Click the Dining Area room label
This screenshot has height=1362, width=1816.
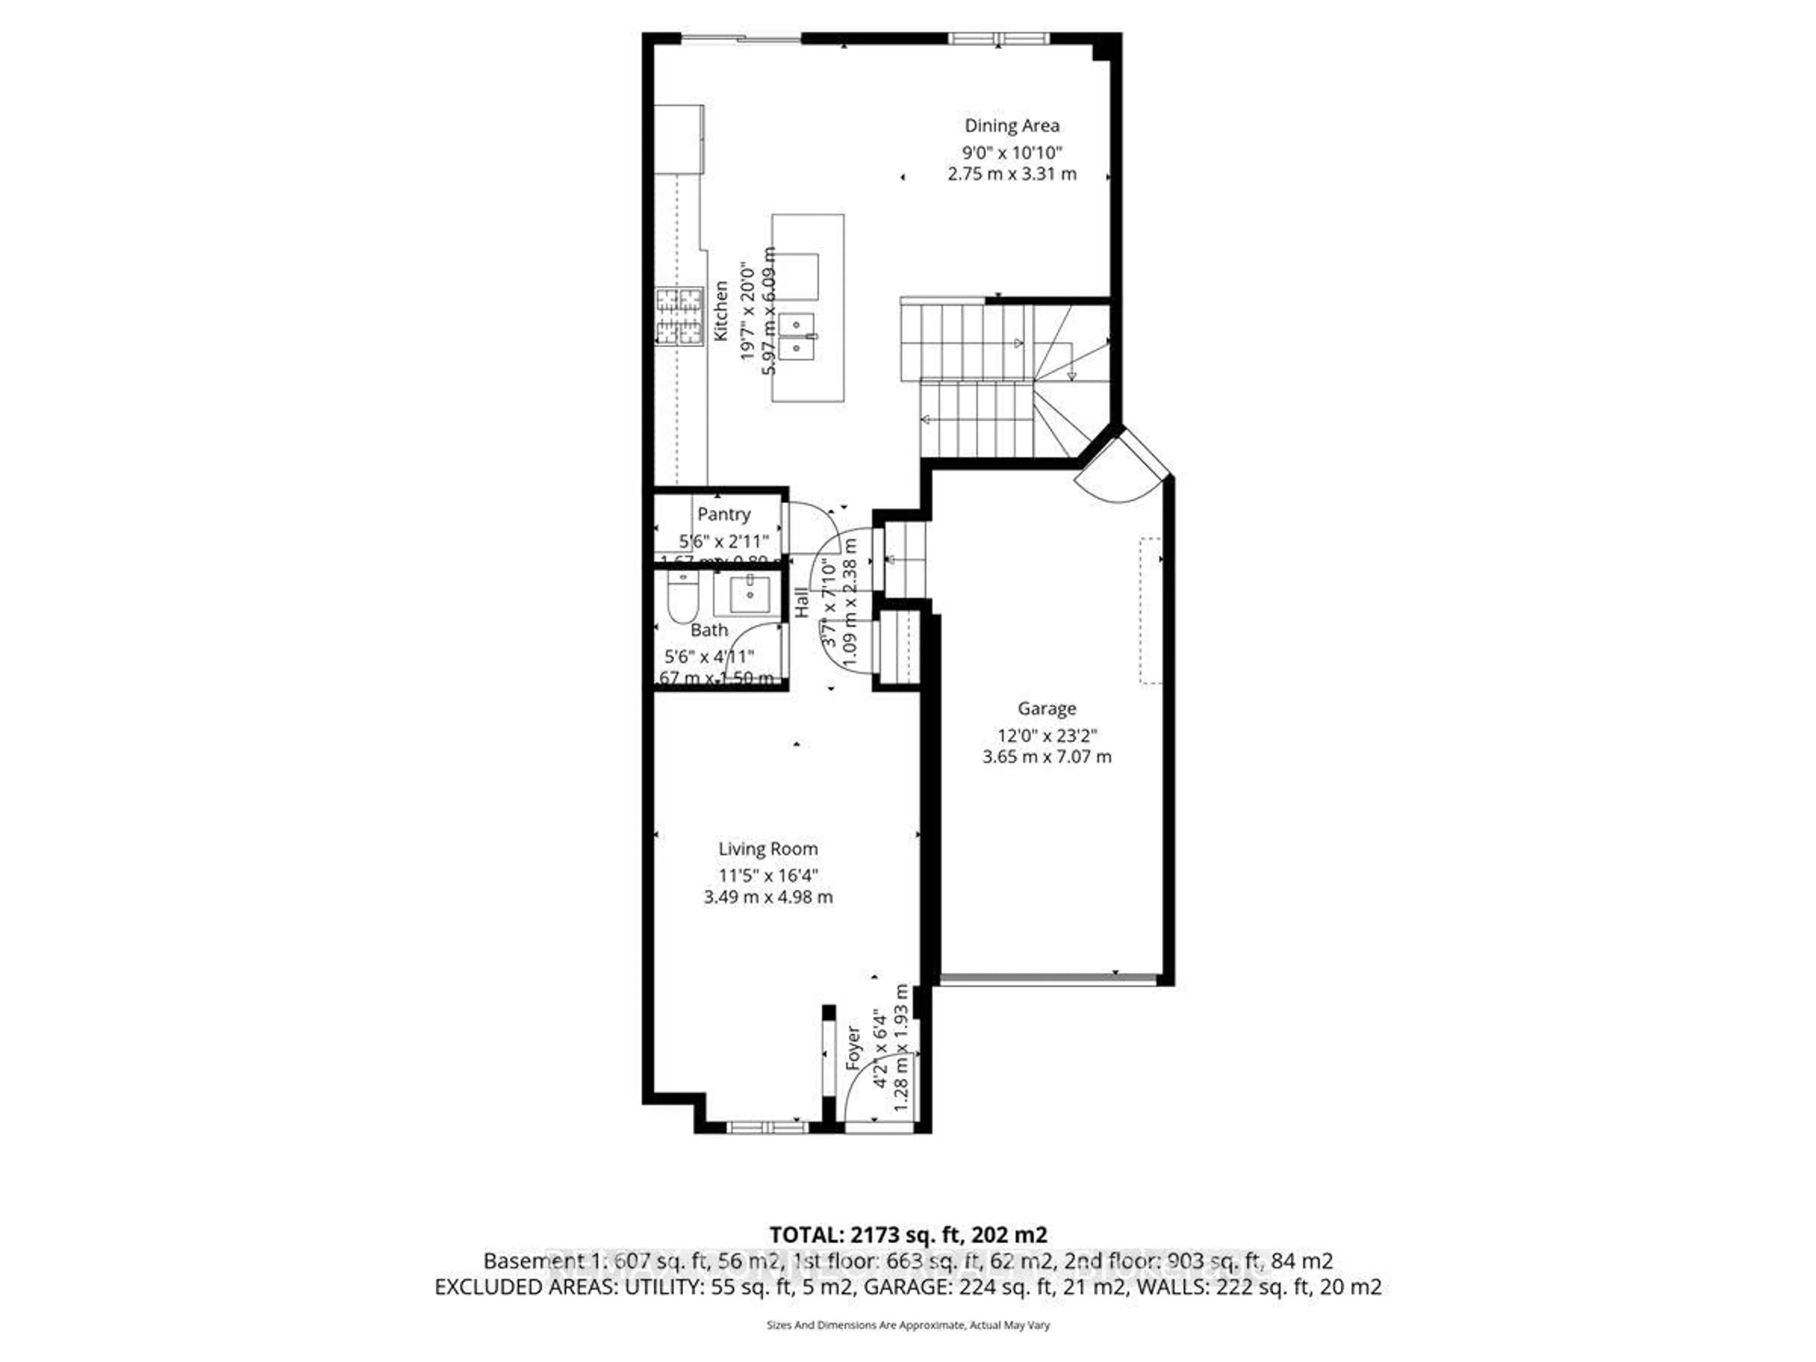pos(1012,126)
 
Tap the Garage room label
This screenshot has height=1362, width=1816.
pos(1046,708)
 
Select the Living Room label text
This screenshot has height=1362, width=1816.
pos(768,849)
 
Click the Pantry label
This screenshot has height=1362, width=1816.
pos(723,514)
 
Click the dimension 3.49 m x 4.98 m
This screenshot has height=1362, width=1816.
pos(768,897)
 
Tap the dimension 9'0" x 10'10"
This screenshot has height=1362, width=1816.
pos(1012,153)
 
